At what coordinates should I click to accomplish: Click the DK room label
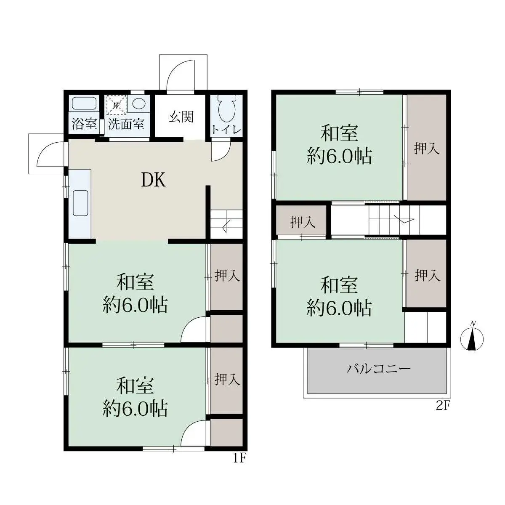pos(153,180)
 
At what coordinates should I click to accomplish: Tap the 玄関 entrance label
pos(181,117)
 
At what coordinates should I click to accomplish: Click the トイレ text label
pos(226,130)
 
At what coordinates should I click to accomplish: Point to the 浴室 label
pos(84,124)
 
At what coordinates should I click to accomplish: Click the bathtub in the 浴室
pos(84,104)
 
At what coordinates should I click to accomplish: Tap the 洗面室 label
pos(126,124)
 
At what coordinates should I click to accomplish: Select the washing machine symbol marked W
pos(116,105)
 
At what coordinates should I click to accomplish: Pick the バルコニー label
pos(378,369)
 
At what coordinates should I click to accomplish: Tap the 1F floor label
pos(239,458)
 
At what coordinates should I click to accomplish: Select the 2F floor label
pos(443,406)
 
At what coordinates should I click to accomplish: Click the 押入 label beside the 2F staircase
pos(302,221)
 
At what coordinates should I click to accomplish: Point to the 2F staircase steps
pos(391,220)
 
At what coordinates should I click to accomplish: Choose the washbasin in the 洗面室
pos(138,104)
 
